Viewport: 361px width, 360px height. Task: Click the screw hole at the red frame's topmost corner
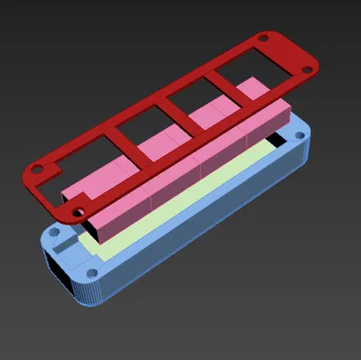pos(263,39)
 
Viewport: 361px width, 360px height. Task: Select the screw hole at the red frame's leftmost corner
pos(39,168)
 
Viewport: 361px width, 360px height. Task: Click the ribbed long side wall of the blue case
pos(208,226)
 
